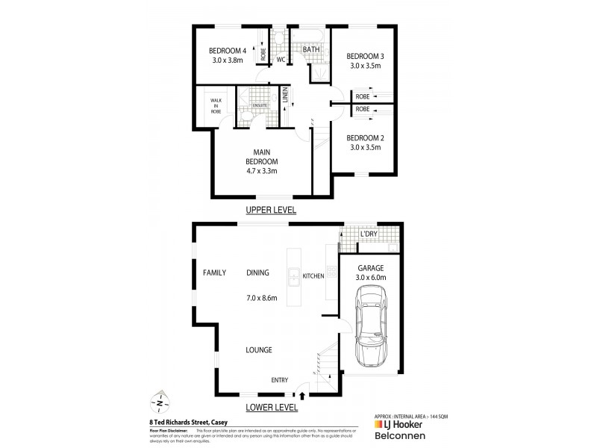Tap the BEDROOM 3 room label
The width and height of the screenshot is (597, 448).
point(366,56)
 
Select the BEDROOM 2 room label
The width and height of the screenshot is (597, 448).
point(366,137)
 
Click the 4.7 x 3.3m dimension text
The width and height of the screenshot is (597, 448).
point(262,171)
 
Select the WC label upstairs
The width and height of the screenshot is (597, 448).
point(281,60)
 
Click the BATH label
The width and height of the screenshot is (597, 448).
point(310,50)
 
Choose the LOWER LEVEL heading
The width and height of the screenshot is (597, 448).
point(272,408)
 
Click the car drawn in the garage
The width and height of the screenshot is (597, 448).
point(371,329)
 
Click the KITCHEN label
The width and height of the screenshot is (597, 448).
point(313,276)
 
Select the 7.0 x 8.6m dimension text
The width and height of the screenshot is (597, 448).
point(262,298)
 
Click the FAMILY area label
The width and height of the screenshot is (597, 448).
point(214,273)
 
